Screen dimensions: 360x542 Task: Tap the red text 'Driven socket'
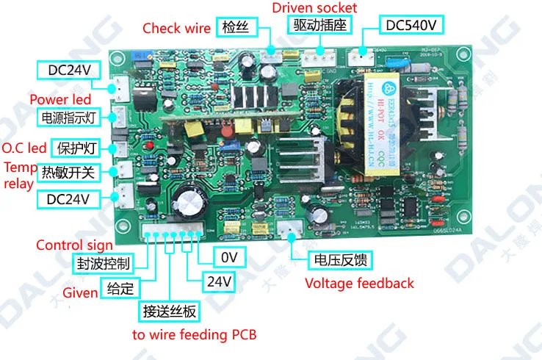pyautogui.click(x=314, y=8)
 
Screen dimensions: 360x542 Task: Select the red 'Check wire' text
pyautogui.click(x=176, y=29)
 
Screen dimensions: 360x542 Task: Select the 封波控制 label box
pyautogui.click(x=104, y=263)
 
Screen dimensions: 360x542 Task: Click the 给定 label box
pyautogui.click(x=120, y=288)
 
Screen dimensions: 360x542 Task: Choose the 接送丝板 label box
pyautogui.click(x=170, y=311)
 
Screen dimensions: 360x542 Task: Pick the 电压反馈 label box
pyautogui.click(x=339, y=259)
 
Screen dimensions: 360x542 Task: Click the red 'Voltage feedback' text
pyautogui.click(x=359, y=284)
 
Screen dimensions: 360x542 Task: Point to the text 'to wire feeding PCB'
pyautogui.click(x=194, y=335)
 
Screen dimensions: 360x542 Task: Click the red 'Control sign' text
pyautogui.click(x=74, y=245)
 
